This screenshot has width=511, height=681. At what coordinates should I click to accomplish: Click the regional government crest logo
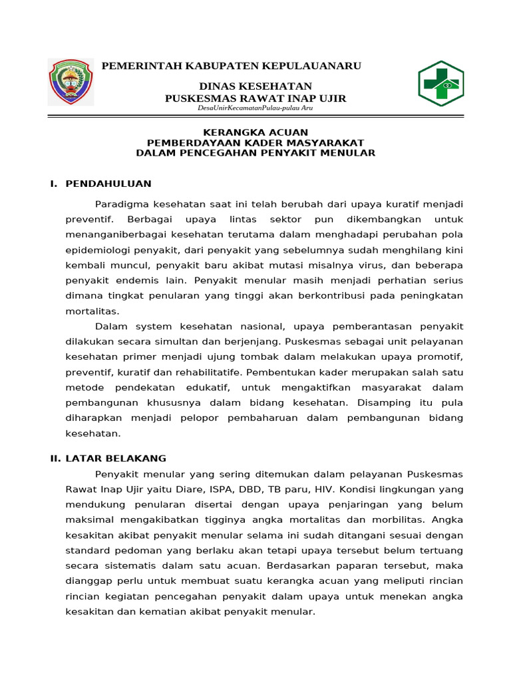pos(71,82)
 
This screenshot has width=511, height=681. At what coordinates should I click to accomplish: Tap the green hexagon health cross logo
pos(440,84)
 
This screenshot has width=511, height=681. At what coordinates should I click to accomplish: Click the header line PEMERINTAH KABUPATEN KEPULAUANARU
pos(231,66)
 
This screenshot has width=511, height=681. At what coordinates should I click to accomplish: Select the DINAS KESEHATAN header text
pos(255,87)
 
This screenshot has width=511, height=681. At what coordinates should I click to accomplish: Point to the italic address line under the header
pos(256,108)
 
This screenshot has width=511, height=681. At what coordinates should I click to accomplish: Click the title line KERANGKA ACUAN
pos(255,132)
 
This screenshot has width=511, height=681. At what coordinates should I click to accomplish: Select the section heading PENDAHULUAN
pos(108,184)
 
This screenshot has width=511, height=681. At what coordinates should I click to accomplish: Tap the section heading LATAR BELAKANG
pos(116,458)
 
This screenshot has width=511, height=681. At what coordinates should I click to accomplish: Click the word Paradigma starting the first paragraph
pos(120,204)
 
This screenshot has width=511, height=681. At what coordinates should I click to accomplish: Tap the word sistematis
pos(134,566)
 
